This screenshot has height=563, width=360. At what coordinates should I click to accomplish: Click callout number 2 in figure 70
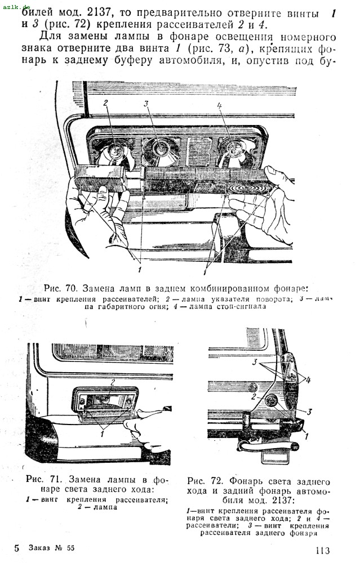tap(105, 103)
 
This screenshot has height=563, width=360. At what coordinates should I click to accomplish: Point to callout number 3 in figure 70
tap(146, 104)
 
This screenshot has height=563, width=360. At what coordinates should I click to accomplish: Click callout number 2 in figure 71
tap(113, 382)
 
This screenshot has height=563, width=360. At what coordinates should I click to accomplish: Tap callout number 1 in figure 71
tap(102, 434)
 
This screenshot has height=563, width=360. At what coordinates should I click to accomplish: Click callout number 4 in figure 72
tap(308, 380)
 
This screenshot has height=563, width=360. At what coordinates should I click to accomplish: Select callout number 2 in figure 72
tap(254, 397)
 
